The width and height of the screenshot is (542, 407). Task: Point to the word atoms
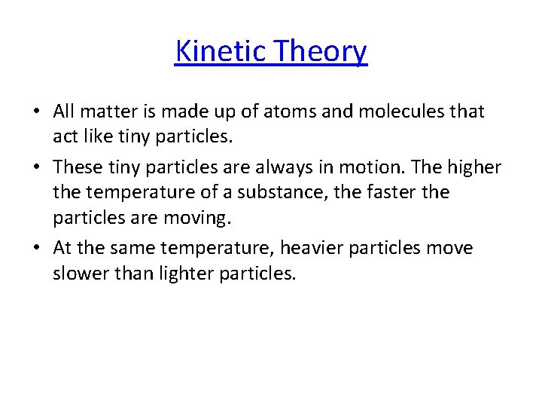tap(274, 112)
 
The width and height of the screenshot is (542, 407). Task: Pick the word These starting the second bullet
tap(77, 167)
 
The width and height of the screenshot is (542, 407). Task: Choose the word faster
tap(394, 193)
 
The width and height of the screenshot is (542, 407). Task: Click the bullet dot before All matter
tap(37, 112)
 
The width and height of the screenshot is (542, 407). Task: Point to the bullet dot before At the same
tap(37, 248)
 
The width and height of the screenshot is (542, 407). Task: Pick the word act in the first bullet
tap(65, 137)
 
